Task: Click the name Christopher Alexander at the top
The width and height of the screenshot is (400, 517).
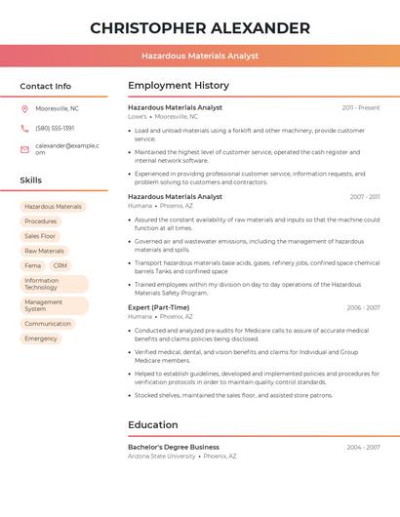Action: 200,28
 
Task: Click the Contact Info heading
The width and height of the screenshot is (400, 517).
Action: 46,86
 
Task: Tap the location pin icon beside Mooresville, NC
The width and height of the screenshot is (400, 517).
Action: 24,108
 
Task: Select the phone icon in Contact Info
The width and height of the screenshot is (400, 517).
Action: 24,128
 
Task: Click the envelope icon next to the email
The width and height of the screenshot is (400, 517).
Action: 24,149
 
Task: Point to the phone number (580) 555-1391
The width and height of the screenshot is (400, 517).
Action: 55,128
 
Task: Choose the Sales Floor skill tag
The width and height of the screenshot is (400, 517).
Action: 40,236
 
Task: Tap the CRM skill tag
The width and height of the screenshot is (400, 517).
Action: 60,265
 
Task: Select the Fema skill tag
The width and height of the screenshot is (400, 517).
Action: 33,265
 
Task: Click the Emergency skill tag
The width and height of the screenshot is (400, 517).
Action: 41,338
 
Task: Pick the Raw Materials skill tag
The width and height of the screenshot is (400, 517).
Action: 44,251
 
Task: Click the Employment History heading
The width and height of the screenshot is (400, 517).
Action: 179,86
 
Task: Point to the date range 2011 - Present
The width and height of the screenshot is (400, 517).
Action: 360,107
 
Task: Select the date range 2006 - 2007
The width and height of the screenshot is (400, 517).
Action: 363,307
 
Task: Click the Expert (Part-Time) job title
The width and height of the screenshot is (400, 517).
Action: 159,307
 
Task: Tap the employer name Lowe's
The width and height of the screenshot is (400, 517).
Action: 138,116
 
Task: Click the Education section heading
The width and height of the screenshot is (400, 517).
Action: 153,425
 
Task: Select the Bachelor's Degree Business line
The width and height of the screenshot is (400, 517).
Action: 174,447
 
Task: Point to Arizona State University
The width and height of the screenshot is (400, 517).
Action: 162,456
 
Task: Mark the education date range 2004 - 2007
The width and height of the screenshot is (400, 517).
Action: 363,447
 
